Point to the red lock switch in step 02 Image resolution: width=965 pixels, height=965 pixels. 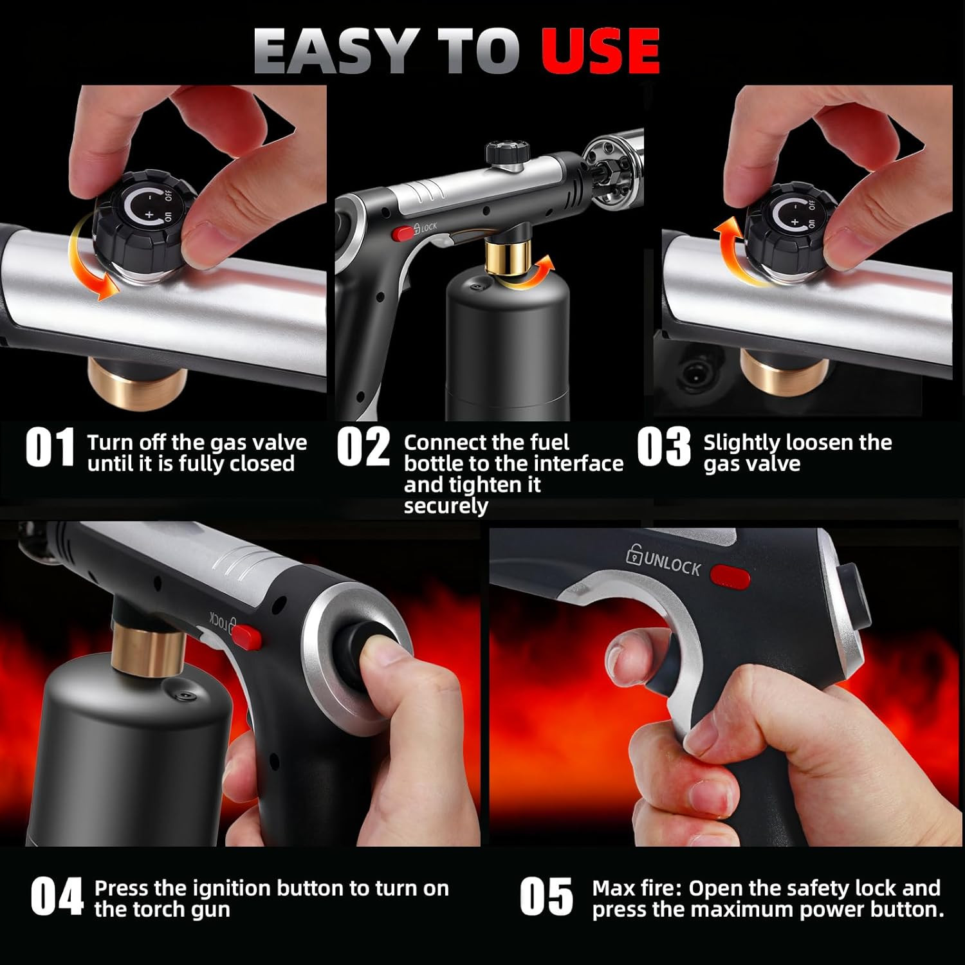click(404, 233)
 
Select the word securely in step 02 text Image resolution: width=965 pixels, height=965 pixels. click(446, 506)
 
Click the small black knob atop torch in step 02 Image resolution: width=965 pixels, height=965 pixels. click(502, 153)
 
